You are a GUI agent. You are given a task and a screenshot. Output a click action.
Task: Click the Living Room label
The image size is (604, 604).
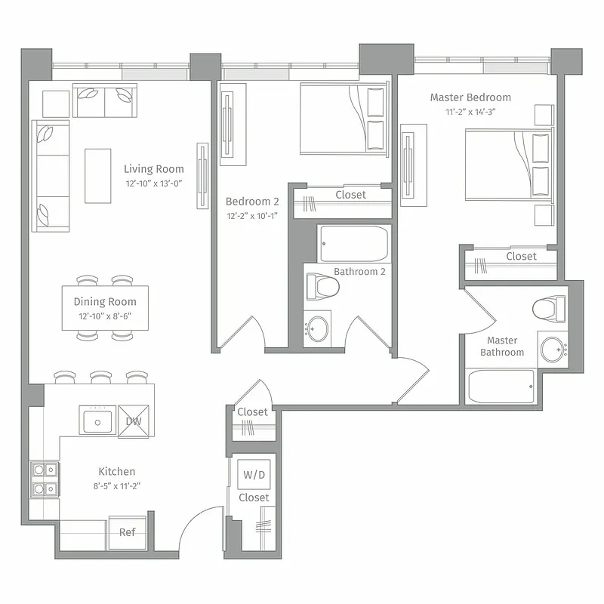[x=153, y=169]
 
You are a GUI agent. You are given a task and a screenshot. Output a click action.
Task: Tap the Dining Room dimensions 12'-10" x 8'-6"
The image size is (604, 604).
[x=105, y=316]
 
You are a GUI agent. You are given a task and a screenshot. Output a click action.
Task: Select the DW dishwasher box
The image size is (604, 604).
[x=134, y=421]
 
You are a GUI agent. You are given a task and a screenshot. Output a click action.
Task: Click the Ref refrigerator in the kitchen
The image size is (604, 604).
[x=128, y=532]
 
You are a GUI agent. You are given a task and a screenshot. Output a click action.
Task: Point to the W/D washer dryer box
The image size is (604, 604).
[x=253, y=475]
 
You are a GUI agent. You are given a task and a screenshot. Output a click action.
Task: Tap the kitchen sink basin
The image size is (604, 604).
[x=97, y=421]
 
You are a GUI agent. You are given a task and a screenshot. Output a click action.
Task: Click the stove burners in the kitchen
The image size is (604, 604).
[x=44, y=479]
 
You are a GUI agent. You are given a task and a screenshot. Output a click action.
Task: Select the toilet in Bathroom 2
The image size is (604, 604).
[x=322, y=286]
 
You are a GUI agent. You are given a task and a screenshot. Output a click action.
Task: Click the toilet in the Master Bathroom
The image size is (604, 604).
[x=549, y=308]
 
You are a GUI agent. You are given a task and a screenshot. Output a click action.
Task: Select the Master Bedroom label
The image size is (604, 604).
[x=470, y=97]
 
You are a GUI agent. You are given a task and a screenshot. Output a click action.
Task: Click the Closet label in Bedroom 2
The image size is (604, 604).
[x=350, y=195]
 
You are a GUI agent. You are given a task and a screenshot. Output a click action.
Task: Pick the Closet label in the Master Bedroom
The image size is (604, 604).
[x=521, y=257]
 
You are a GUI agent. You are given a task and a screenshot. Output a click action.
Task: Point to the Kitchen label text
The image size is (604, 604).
[x=117, y=472]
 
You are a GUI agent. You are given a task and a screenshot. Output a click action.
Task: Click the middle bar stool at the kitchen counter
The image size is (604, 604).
[x=101, y=377]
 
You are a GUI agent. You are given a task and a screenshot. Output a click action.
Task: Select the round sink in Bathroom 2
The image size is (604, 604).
[x=318, y=329]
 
